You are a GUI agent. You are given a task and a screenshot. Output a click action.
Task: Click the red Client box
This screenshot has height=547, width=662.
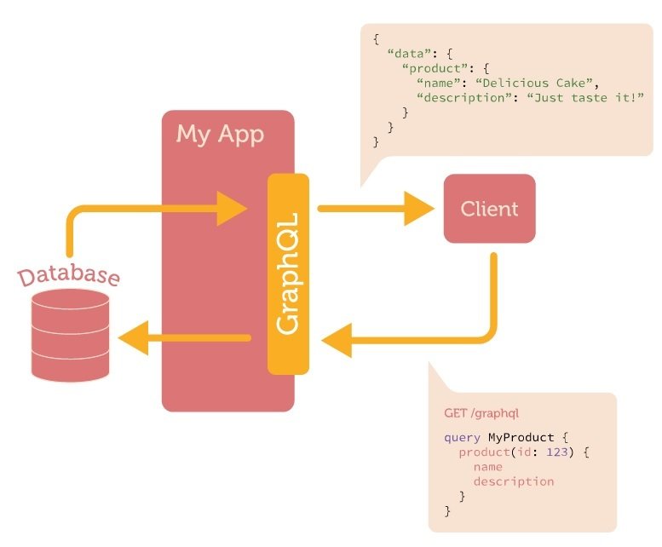489,209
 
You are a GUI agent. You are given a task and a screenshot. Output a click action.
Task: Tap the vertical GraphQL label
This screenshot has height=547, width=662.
288,275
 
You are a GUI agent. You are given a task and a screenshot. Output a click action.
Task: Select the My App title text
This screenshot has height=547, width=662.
220,135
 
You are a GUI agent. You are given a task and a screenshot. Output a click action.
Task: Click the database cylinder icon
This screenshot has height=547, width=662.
70,335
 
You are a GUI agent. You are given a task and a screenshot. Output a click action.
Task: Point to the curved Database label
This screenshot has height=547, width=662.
69,276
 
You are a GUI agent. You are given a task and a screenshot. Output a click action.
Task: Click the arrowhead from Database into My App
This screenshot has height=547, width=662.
231,208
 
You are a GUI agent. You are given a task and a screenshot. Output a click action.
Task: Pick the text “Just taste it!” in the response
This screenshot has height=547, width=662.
582,97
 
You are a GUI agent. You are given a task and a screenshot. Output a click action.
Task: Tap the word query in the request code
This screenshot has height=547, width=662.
462,438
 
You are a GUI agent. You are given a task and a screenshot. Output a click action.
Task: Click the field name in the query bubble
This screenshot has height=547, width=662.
487,467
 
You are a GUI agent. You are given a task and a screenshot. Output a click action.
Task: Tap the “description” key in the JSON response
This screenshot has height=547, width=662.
458,97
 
